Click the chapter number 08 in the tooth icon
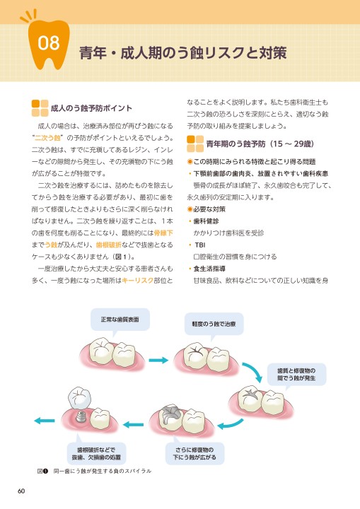click(49, 43)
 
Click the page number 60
click(21, 491)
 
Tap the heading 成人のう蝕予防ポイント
click(91, 108)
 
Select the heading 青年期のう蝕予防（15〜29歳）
click(260, 144)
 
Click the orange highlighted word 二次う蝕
click(48, 138)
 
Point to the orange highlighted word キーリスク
click(137, 281)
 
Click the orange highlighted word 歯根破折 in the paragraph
click(108, 245)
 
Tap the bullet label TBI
click(200, 245)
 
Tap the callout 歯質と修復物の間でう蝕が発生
click(296, 375)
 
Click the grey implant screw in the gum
click(80, 416)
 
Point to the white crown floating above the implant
click(79, 397)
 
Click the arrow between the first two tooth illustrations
click(158, 360)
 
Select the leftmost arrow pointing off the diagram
click(45, 421)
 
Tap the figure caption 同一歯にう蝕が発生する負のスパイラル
click(103, 471)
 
